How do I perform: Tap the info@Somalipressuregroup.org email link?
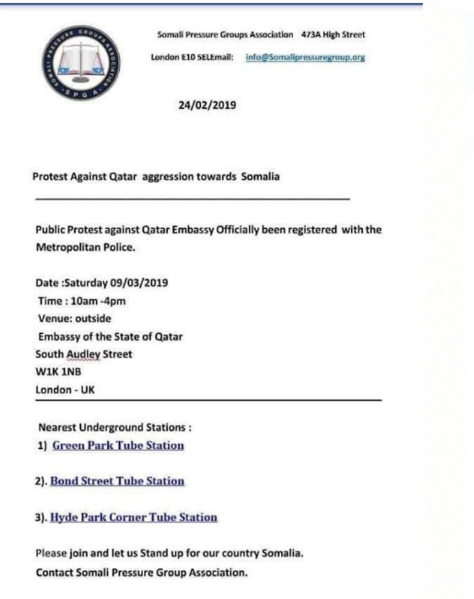click(x=306, y=57)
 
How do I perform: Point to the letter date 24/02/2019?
click(x=207, y=105)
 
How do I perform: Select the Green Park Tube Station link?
click(x=118, y=445)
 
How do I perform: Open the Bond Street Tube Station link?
click(x=117, y=481)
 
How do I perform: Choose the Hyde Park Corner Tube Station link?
click(x=133, y=517)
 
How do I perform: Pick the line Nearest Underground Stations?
click(x=115, y=427)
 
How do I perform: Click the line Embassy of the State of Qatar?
click(x=110, y=337)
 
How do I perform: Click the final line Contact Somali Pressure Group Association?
click(x=141, y=572)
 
